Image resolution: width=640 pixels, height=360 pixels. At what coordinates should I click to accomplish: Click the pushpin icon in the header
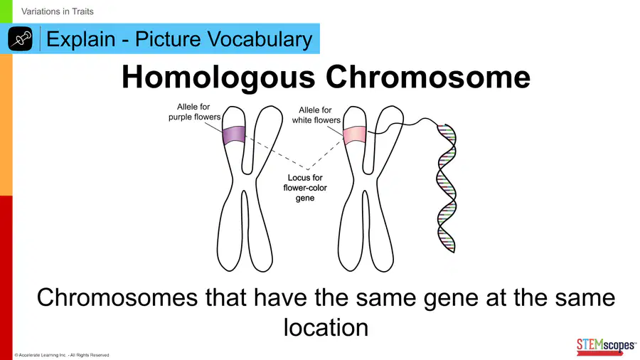point(20,39)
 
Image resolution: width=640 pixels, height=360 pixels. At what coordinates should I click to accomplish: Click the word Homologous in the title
point(218,77)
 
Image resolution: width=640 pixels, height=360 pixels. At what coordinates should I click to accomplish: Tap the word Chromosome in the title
point(428,76)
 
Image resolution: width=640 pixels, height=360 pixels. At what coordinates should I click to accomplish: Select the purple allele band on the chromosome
point(234,135)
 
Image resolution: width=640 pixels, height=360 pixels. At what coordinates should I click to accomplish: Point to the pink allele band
point(354,135)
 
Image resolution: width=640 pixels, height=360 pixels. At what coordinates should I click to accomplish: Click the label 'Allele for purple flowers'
point(194,112)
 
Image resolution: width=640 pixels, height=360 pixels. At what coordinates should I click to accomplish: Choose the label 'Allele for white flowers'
point(316,115)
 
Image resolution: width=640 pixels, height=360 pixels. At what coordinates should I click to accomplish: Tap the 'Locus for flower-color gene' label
point(305,188)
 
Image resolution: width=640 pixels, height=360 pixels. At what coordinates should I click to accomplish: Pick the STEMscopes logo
point(606,346)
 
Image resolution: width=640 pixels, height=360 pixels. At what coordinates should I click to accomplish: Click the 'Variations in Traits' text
point(58,11)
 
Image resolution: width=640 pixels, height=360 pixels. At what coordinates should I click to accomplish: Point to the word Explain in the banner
point(81,40)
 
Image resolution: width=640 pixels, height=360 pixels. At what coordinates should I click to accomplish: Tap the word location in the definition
point(326,327)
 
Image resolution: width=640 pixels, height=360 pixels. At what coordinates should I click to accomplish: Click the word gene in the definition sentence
point(451,299)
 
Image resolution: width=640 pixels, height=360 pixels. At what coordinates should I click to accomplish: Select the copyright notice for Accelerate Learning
point(62,355)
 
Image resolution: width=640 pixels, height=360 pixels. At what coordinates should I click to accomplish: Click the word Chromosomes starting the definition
point(117,297)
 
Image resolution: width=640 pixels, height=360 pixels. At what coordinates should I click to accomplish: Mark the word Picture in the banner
point(168,39)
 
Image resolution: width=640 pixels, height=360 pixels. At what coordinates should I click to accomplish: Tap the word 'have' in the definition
point(280,297)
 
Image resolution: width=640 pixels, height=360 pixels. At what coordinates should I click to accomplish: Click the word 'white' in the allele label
point(302,120)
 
